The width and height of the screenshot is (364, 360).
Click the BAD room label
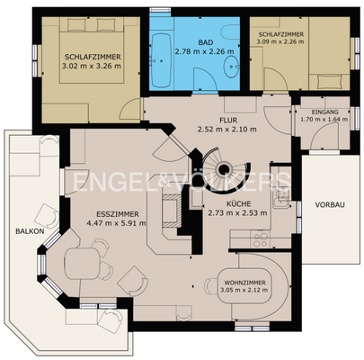205,41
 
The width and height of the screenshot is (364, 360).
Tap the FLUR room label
228,121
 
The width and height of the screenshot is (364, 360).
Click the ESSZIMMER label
118,214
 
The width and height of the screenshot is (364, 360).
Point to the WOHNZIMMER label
244,283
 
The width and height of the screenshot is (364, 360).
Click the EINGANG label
324,112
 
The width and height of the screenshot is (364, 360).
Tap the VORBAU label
330,205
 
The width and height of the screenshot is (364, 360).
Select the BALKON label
30,231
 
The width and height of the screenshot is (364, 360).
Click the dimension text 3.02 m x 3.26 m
92,66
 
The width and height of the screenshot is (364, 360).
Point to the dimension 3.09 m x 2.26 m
280,41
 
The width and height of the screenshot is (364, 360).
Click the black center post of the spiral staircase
224,170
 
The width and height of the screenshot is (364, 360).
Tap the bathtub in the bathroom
162,60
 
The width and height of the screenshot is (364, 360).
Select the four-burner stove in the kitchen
261,239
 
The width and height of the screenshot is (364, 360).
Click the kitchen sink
281,199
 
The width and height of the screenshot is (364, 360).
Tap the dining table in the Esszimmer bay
82,264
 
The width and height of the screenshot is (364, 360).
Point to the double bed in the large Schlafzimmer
92,50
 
